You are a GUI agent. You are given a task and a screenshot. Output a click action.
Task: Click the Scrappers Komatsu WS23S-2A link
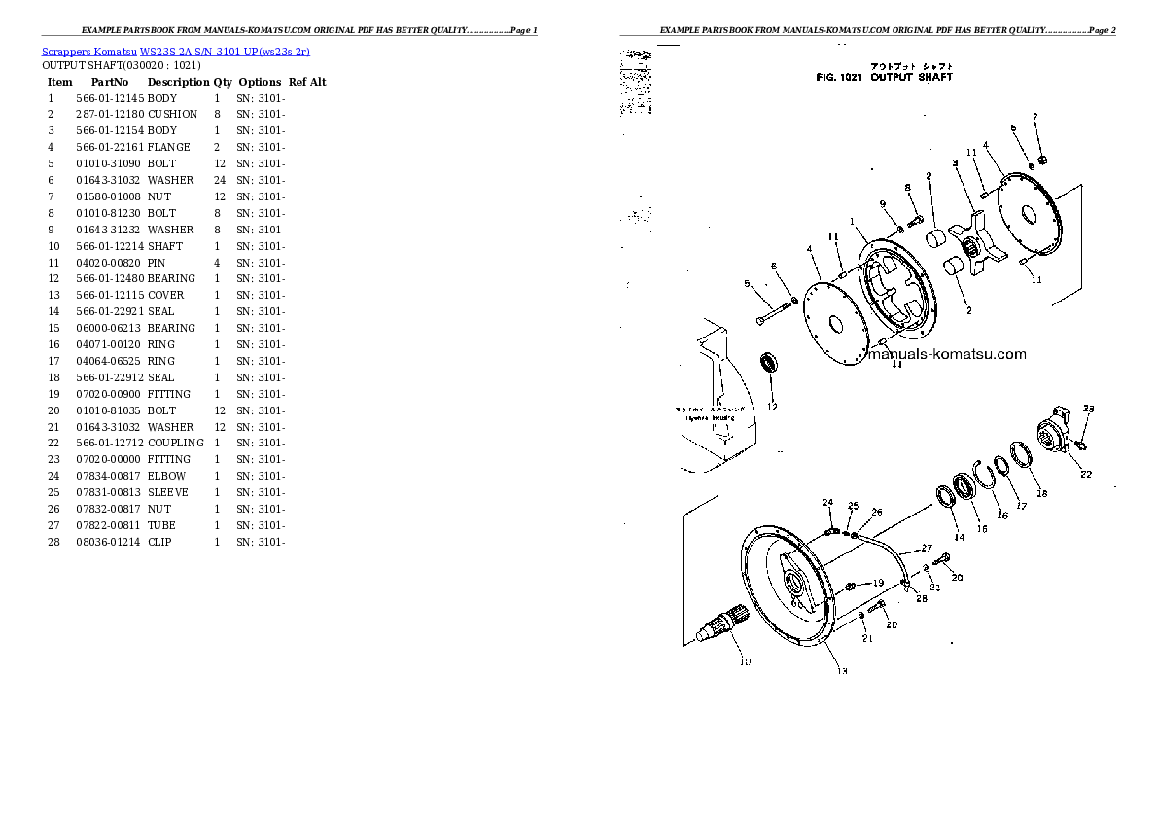[x=176, y=51]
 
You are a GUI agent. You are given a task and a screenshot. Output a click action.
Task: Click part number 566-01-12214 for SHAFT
[x=109, y=246]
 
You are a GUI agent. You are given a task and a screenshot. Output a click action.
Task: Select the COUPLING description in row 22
[x=176, y=443]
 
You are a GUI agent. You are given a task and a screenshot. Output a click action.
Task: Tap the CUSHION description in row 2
[x=172, y=114]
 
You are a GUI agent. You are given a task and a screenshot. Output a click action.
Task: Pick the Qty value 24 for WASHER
[x=220, y=180]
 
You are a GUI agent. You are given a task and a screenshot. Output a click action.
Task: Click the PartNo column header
[x=110, y=83]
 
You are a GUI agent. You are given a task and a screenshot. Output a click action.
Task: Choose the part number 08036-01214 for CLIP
[x=109, y=542]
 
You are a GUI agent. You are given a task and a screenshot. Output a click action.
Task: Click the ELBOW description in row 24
[x=166, y=476]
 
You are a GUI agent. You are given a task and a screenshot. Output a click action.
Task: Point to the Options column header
[x=260, y=83]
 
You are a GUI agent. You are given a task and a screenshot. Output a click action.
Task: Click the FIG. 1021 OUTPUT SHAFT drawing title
[x=884, y=77]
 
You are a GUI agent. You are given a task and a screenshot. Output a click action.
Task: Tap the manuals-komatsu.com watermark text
[x=945, y=354]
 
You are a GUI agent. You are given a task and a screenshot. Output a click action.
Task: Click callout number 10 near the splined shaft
[x=745, y=663]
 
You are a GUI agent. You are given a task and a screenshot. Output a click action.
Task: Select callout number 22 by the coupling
[x=1085, y=475]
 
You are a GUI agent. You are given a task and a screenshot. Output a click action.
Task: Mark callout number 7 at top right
[x=1035, y=118]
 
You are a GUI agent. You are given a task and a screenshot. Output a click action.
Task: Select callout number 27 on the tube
[x=927, y=549]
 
